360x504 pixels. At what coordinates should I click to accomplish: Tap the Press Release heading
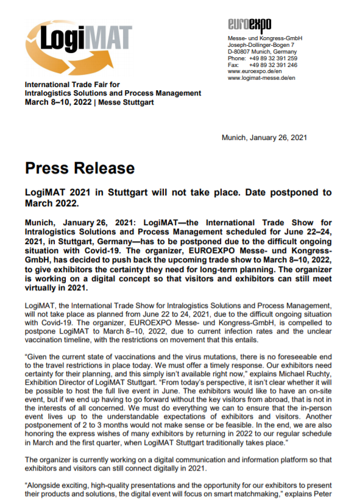click(x=80, y=168)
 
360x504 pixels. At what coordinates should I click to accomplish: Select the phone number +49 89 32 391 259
click(x=273, y=58)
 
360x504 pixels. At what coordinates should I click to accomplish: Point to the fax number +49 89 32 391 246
click(x=273, y=65)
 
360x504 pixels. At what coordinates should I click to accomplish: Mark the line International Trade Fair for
click(x=72, y=85)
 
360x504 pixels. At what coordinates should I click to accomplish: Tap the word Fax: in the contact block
click(x=233, y=65)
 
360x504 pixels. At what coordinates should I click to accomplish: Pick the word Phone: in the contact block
click(x=236, y=58)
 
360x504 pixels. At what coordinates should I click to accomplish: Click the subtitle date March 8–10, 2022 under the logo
click(x=57, y=102)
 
